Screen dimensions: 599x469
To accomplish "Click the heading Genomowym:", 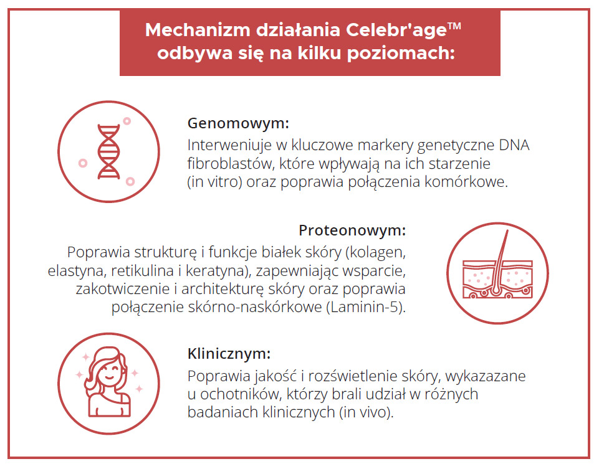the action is pos(238,123).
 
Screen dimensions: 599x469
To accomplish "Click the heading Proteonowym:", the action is pos(352,230).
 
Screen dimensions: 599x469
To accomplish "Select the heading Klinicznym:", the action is pos(229,353).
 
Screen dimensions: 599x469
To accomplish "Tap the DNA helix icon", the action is pos(109,151).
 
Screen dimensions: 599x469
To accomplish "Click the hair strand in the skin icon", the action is pos(501,263).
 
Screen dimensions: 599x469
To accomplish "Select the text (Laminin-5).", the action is pos(366,307).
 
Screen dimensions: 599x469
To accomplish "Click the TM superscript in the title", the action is pos(454,26).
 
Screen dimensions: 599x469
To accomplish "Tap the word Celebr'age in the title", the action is pos(396,30).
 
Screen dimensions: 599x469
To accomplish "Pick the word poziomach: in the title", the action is pos(401,53).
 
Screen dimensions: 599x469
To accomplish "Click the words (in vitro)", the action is pos(214,182).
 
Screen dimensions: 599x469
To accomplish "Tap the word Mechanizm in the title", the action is pos(198,30).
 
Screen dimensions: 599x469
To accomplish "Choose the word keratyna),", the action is pos(219,270).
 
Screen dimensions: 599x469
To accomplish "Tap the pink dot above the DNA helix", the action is pos(127,121).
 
